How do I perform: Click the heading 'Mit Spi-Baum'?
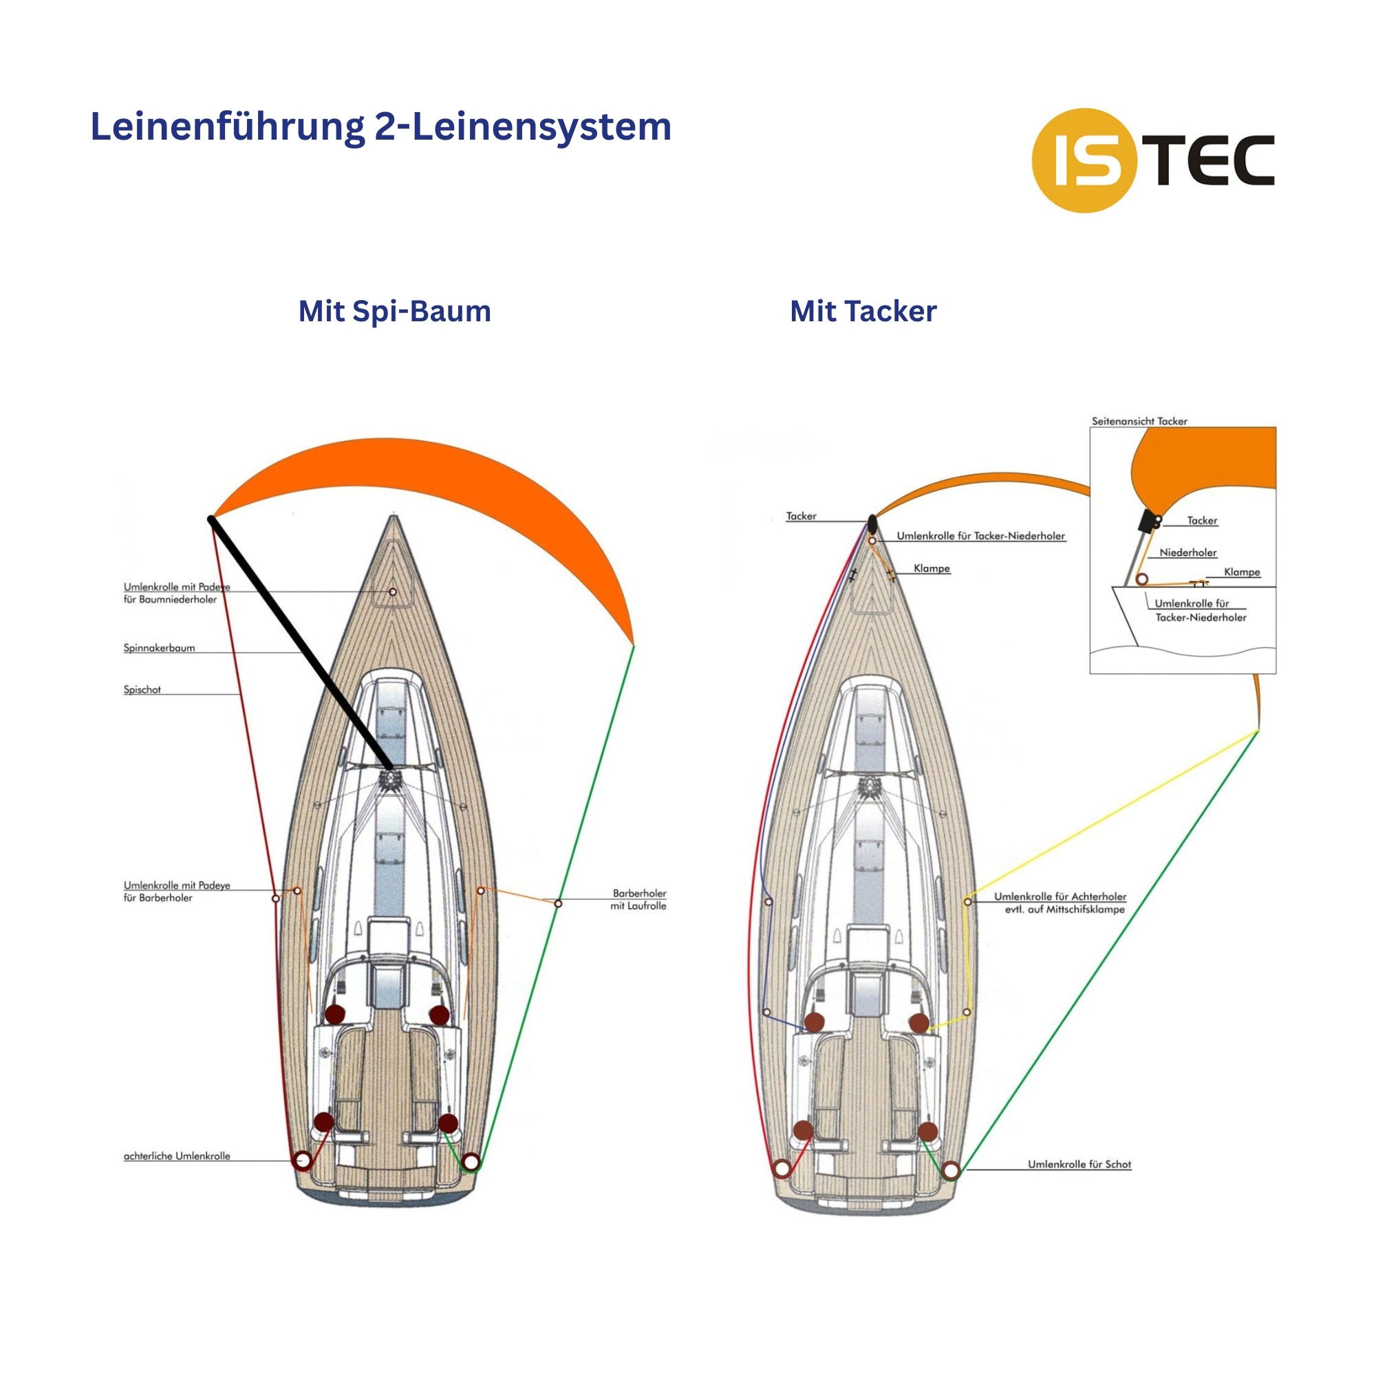(394, 311)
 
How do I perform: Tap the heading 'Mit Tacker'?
(863, 311)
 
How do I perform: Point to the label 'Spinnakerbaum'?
(159, 648)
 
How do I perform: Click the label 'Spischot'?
(142, 689)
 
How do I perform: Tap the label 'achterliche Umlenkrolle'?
(177, 1156)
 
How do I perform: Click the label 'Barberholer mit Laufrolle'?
(639, 899)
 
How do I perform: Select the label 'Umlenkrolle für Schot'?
(1079, 1164)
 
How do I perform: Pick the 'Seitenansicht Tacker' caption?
(1139, 421)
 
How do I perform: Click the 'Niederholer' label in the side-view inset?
(1188, 552)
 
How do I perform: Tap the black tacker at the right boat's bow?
(872, 524)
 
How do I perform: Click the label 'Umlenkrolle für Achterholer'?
(1060, 896)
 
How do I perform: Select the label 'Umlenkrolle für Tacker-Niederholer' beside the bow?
(980, 535)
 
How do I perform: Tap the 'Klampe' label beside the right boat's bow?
(932, 568)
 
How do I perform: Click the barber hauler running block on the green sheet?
(559, 903)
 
